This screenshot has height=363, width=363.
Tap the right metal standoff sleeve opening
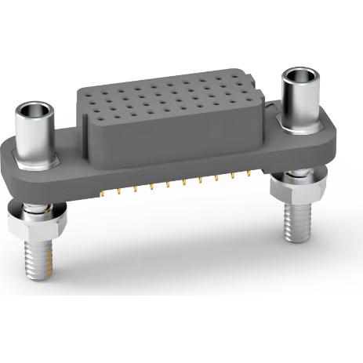(x=299, y=75)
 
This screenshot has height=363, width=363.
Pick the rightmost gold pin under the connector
(x=250, y=171)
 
